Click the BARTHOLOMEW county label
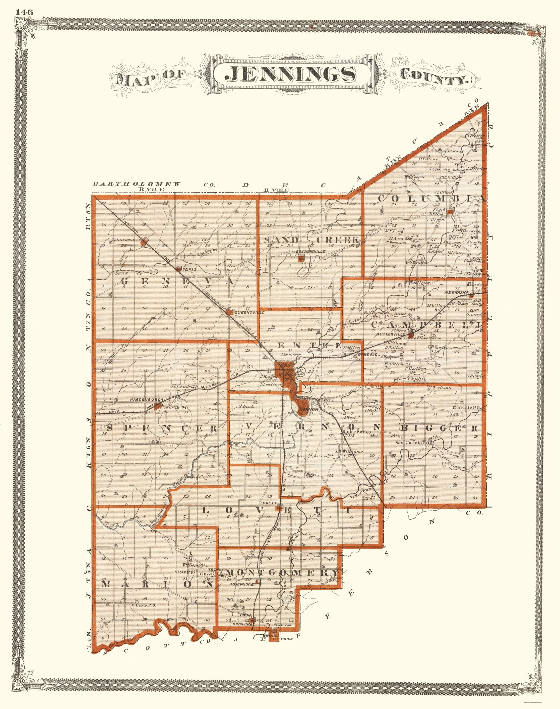[x=137, y=184]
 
